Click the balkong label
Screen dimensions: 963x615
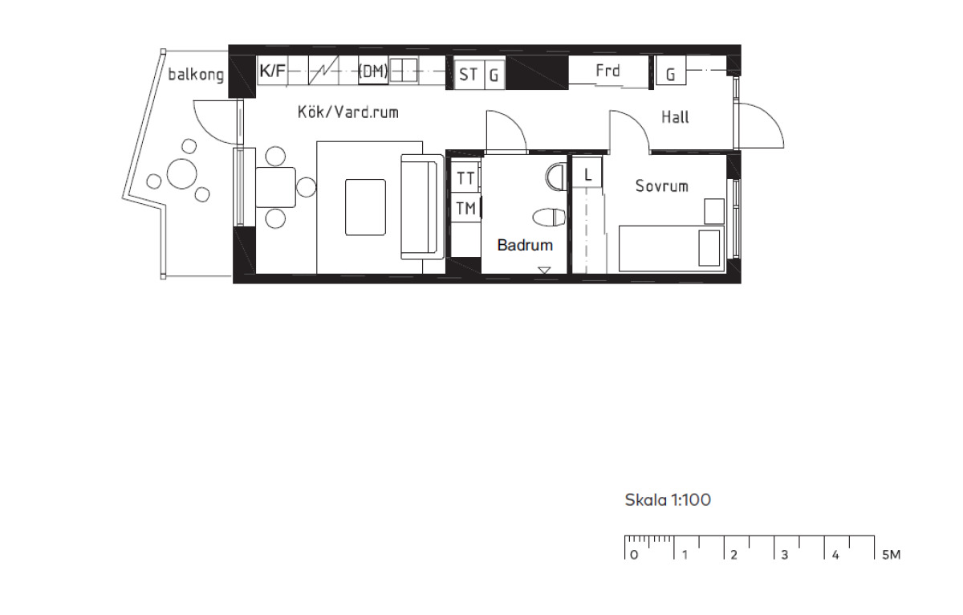[x=196, y=75]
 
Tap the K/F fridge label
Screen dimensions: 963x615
[x=273, y=70]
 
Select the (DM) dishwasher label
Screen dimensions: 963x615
[x=373, y=71]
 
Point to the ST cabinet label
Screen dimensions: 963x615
[x=468, y=75]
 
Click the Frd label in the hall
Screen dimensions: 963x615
[x=608, y=71]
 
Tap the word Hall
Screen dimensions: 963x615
[x=675, y=117]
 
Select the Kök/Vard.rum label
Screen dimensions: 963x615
[x=348, y=112]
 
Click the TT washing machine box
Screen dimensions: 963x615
[x=465, y=177]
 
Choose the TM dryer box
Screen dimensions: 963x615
[x=466, y=208]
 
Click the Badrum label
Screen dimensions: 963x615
[x=525, y=245]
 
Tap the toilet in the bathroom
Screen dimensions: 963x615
[x=550, y=218]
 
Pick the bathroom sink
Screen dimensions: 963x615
[x=556, y=177]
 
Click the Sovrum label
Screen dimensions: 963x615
[x=661, y=185]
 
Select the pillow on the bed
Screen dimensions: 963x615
[x=709, y=248]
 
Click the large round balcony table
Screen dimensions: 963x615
[x=182, y=173]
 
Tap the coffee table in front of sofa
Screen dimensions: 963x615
[x=365, y=207]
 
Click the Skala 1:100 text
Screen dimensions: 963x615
[x=668, y=499]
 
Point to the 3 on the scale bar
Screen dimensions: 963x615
[x=785, y=556]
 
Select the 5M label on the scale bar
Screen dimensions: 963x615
[x=892, y=555]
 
